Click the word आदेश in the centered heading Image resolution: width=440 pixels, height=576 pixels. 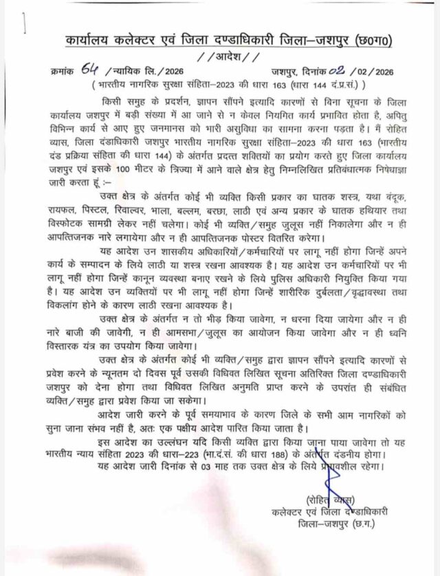point(220,57)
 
